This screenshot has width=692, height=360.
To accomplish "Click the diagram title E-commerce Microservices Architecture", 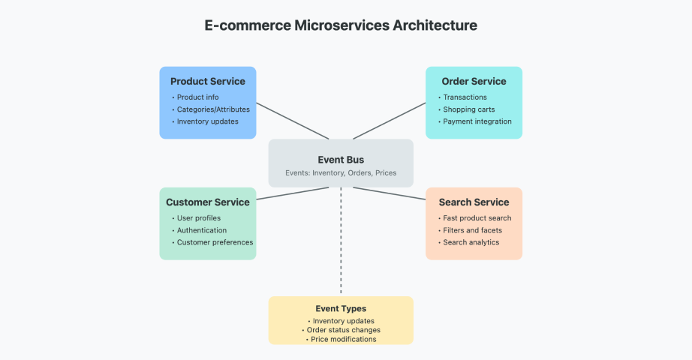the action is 341,25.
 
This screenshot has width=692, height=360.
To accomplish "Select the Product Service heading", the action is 208,81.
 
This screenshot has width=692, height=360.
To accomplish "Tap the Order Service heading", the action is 474,81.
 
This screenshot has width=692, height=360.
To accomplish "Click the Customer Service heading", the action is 208,202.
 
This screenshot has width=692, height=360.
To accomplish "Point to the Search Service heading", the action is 474,202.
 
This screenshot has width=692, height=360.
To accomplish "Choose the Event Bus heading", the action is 341,160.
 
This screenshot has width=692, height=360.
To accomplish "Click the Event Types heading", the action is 341,309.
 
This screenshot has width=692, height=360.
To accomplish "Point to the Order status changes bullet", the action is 341,330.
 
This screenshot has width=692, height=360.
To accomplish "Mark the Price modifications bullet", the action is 341,339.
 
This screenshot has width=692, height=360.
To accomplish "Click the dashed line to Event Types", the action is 341,241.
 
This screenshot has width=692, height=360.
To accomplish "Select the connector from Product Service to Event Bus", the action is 293,121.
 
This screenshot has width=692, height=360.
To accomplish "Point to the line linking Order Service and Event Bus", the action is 390,121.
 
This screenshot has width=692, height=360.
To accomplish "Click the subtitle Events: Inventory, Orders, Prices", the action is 341,173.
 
